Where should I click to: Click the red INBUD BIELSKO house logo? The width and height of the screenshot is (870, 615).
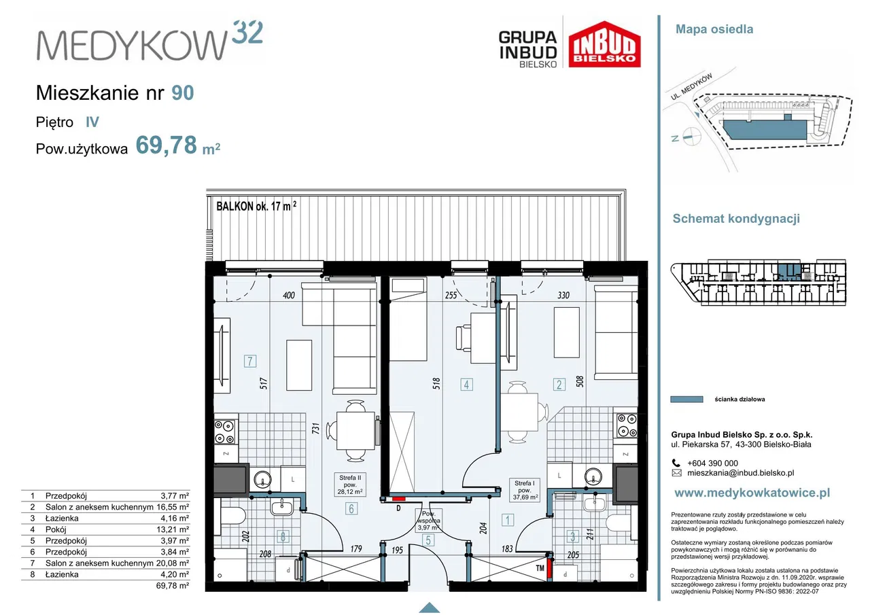(604, 44)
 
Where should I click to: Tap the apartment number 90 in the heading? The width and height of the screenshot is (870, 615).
(183, 93)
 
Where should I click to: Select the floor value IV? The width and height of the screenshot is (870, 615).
(92, 122)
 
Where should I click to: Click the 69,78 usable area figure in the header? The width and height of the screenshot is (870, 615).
(167, 145)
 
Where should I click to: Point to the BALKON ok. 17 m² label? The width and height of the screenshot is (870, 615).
(256, 206)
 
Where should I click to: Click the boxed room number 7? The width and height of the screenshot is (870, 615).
(250, 361)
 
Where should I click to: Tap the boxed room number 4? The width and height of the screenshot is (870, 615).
(466, 385)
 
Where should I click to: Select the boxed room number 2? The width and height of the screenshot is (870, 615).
(559, 385)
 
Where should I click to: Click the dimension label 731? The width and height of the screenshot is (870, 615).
(316, 429)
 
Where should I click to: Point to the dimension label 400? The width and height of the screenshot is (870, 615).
(289, 296)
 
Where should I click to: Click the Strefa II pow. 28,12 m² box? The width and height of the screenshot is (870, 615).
(350, 485)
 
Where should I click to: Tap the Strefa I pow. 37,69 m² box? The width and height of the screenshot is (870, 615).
(524, 490)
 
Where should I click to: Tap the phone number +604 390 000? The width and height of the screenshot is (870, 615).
(712, 463)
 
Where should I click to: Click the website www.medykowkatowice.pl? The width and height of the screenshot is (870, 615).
(752, 493)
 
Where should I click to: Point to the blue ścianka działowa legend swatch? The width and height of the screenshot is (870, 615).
(686, 399)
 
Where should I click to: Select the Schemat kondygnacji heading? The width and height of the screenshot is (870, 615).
(736, 219)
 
